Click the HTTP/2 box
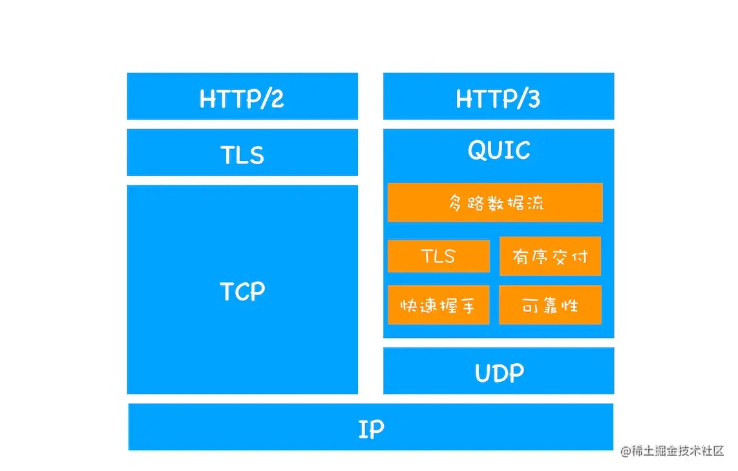pos(242,97)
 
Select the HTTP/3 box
pos(498,97)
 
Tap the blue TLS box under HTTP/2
pos(242,153)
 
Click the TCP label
pos(242,291)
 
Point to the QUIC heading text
pos(499,151)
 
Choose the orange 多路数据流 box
pos(495,203)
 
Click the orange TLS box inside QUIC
pos(438,256)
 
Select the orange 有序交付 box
pos(550,256)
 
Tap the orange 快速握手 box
pos(438,305)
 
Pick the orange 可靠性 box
pos(550,305)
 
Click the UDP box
pos(498,372)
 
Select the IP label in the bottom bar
pos(371,428)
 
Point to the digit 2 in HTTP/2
pos(277,98)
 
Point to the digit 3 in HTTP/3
pos(532,98)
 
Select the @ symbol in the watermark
pos(625,452)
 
